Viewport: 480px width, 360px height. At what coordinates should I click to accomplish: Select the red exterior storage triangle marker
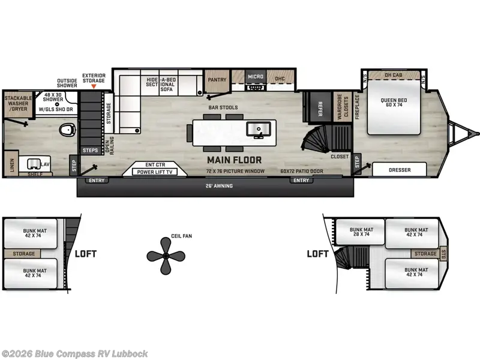tap(93, 86)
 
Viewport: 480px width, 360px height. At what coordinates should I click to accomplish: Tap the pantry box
tap(216, 80)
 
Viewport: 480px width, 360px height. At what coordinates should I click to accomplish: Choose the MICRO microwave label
tap(256, 77)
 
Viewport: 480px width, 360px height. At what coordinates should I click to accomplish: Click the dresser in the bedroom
tap(400, 170)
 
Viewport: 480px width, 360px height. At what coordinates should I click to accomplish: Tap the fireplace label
tap(357, 107)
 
